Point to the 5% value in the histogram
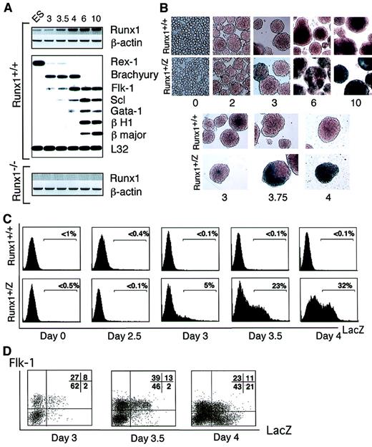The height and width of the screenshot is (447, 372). point(207,287)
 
